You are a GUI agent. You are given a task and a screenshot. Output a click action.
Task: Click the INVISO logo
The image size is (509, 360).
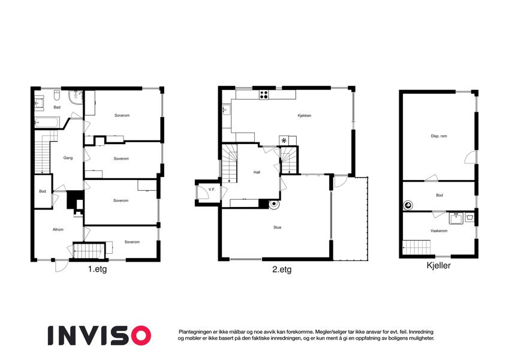100,335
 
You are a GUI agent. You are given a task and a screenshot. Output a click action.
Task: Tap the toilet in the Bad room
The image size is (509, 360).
56,95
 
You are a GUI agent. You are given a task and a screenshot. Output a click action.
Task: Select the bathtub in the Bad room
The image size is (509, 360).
47,122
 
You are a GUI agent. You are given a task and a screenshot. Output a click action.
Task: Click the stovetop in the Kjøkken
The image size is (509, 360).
264,95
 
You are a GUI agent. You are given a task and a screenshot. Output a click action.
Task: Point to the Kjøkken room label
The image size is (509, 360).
305,116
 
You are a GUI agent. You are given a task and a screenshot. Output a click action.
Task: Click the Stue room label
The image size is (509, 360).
277,227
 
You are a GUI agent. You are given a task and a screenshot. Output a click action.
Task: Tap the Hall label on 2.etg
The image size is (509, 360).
257,172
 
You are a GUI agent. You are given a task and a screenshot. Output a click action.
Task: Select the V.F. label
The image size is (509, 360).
212,190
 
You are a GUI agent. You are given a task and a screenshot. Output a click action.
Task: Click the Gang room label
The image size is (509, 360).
68,158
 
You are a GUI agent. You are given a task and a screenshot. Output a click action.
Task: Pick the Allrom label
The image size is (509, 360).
58,229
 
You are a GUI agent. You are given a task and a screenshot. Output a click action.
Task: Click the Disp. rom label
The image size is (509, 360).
439,136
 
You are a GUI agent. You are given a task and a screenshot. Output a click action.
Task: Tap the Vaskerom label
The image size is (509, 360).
439,230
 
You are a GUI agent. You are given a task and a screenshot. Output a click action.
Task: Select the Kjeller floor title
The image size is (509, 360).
439,265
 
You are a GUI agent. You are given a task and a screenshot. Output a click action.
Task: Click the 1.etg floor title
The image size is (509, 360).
97,269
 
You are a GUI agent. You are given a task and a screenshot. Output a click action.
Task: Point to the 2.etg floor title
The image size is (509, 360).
282,269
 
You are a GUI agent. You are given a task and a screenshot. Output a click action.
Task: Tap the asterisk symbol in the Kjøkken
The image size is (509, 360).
284,140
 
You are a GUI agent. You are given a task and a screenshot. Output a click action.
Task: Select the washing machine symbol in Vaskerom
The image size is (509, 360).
469,217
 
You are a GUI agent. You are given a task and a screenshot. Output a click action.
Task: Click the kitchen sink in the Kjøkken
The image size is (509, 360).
226,110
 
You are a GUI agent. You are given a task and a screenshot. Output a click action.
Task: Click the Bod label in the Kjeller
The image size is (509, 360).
439,195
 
